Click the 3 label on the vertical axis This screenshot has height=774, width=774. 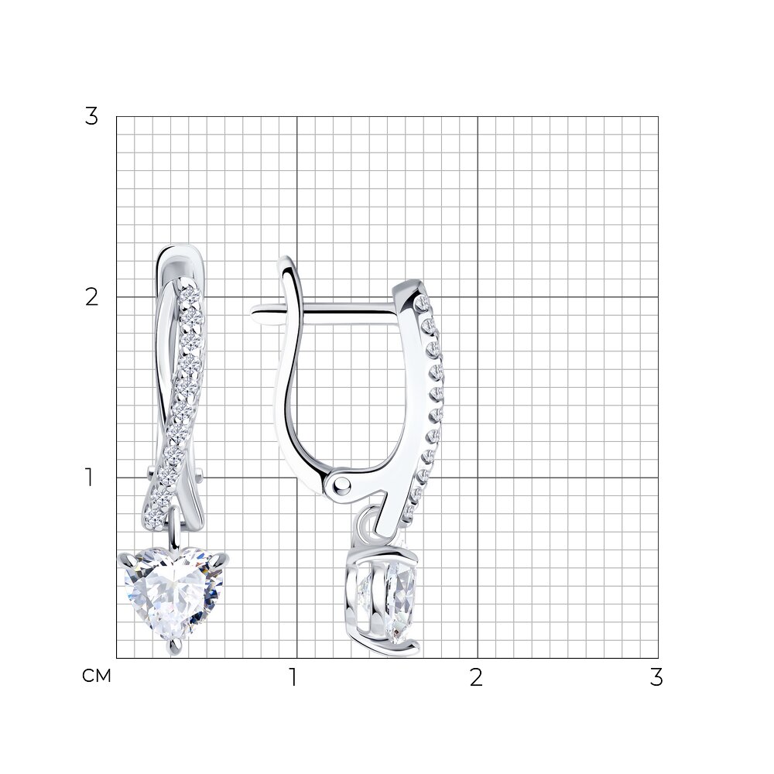click(92, 117)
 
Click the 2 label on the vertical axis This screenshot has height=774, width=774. click(92, 298)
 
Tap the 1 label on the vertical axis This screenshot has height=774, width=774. click(89, 478)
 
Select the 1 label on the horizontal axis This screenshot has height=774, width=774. click(293, 678)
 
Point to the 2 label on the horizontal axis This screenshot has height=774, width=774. click(476, 678)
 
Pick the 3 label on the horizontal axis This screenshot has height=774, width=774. click(656, 678)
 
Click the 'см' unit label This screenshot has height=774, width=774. click(97, 676)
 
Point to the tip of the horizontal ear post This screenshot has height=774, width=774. click(253, 310)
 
